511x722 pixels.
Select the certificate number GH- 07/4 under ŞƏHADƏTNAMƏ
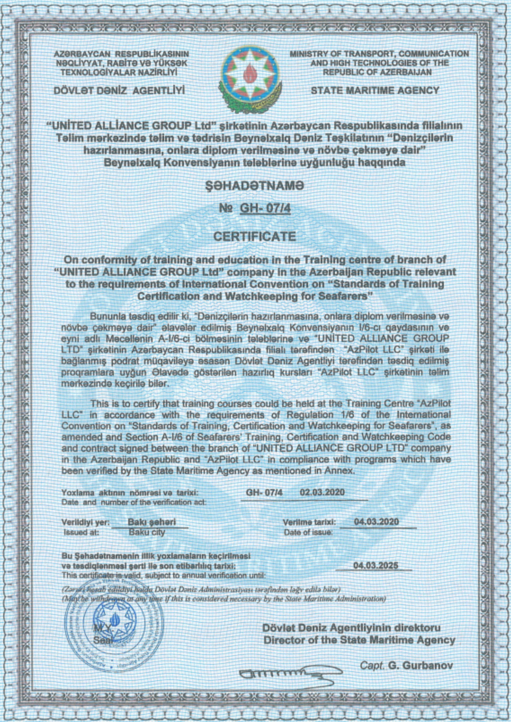pyautogui.click(x=265, y=209)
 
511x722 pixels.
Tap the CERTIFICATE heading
pyautogui.click(x=255, y=237)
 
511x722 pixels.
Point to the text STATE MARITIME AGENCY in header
pyautogui.click(x=375, y=90)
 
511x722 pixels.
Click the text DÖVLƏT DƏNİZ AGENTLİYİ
pyautogui.click(x=119, y=90)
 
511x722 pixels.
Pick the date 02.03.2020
pyautogui.click(x=322, y=492)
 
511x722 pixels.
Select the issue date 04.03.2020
pyautogui.click(x=376, y=522)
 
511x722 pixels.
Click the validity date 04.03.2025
pyautogui.click(x=375, y=565)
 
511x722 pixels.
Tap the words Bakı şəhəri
pyautogui.click(x=152, y=522)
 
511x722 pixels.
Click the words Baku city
pyautogui.click(x=147, y=532)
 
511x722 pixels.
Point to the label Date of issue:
pyautogui.click(x=308, y=532)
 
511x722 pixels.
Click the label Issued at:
pyautogui.click(x=81, y=532)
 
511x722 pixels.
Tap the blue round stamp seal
pyautogui.click(x=114, y=629)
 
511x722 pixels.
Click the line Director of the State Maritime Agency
pyautogui.click(x=359, y=640)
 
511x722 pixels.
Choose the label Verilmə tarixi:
pyautogui.click(x=309, y=522)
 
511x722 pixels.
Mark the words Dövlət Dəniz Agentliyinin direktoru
pyautogui.click(x=351, y=628)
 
